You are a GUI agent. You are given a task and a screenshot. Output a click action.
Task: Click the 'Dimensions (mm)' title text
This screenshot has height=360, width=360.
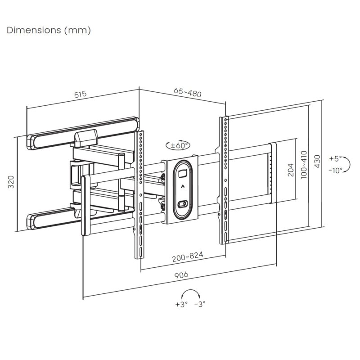pyautogui.click(x=49, y=30)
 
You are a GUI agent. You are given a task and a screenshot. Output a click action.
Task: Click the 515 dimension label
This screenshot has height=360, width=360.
pyautogui.click(x=80, y=94)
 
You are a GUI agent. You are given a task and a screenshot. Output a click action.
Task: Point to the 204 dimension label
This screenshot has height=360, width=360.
pyautogui.click(x=290, y=170)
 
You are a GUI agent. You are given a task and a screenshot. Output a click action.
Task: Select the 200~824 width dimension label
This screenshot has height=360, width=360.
pyautogui.click(x=187, y=256)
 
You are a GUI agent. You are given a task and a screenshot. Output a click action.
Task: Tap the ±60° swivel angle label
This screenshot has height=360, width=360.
pyautogui.click(x=179, y=146)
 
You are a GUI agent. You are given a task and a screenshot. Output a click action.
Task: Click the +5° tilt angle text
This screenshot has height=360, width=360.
pyautogui.click(x=335, y=159)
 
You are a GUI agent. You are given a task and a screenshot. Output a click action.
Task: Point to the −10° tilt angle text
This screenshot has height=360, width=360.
pyautogui.click(x=335, y=170)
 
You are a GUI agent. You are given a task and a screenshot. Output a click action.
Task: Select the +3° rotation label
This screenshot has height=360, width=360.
pyautogui.click(x=180, y=304)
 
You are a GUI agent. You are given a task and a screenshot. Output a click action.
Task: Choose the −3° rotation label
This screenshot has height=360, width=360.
pyautogui.click(x=200, y=304)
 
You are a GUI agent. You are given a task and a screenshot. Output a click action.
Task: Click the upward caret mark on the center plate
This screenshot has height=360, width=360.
pyautogui.click(x=182, y=186)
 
